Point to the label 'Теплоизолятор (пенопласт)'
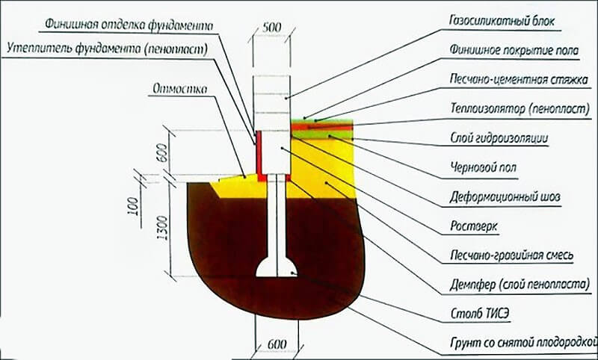[514, 108]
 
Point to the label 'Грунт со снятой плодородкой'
[517, 345]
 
